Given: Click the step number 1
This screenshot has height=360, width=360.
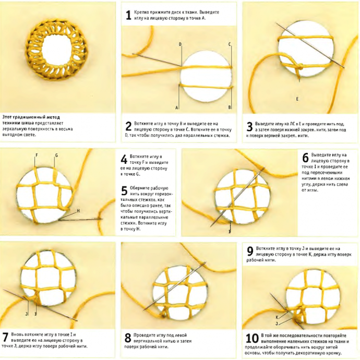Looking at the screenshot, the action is [x=128, y=15].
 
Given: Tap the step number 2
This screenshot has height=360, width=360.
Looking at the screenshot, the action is [x=128, y=126].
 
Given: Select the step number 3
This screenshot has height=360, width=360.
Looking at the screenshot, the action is [x=249, y=127].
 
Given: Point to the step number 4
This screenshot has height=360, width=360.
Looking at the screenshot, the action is [x=124, y=159].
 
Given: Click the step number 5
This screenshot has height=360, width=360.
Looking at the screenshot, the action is [x=124, y=190].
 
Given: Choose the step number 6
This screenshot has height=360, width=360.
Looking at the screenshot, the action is [x=305, y=158].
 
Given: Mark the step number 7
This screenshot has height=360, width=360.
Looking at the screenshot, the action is [x=5, y=338].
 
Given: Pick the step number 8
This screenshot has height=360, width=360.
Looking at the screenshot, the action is [x=128, y=338].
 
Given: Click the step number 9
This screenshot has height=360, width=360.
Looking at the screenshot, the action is [x=250, y=251].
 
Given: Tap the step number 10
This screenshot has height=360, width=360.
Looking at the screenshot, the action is [x=252, y=339].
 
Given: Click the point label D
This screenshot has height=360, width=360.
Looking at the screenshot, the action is [x=180, y=44].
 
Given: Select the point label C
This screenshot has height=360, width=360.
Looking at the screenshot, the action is [x=230, y=44].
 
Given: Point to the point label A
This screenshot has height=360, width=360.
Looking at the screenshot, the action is [x=176, y=107].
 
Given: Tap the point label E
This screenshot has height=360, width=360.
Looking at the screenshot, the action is [x=297, y=99].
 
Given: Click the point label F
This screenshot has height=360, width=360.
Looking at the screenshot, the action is [x=37, y=155].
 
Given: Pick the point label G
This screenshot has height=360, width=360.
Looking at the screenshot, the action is [x=56, y=155].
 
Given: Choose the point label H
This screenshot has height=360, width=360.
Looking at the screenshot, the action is [x=78, y=211].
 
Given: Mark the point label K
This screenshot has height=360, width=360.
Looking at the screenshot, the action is [x=277, y=317].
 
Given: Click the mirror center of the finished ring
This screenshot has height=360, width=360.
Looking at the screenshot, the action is [x=57, y=50].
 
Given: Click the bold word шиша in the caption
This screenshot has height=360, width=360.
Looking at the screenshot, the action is [x=28, y=123].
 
